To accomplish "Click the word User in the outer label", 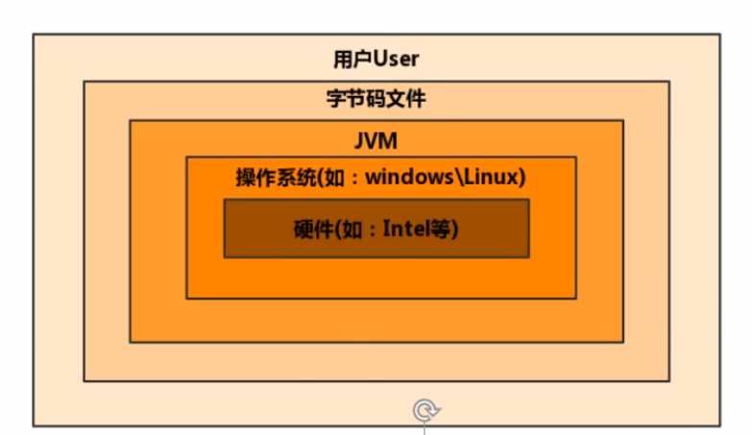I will (x=396, y=60).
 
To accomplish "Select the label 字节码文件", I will (x=376, y=98).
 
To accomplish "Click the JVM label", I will (x=376, y=141).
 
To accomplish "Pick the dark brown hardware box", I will (x=376, y=245).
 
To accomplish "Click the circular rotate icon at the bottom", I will (x=425, y=411).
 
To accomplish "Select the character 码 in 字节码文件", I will (x=376, y=98).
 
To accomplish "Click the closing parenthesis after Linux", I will (x=519, y=178).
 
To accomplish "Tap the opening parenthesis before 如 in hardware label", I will (x=336, y=230).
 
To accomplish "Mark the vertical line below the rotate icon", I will (x=425, y=429).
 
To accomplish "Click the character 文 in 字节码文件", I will (x=396, y=98).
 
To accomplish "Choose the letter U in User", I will (x=379, y=60).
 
